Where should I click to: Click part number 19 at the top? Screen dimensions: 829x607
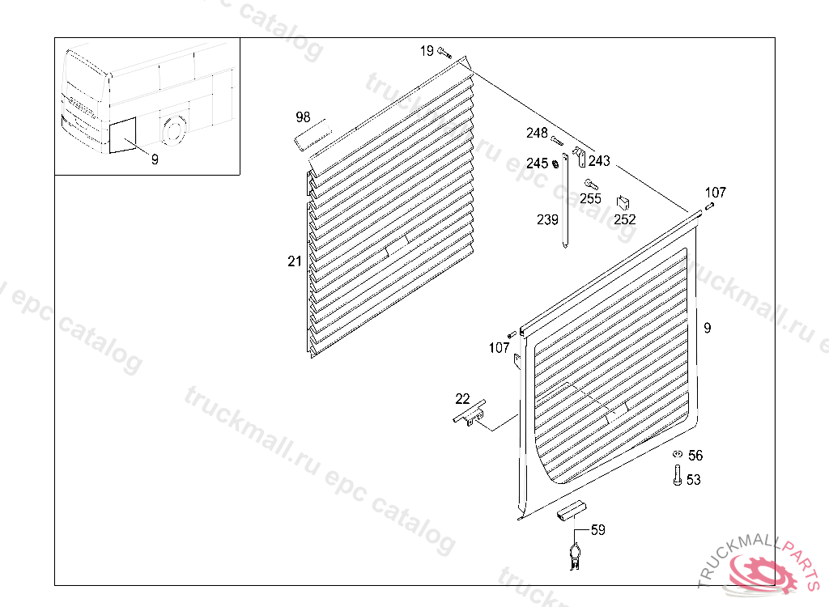(x=427, y=51)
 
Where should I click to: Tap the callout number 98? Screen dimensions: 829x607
(x=303, y=118)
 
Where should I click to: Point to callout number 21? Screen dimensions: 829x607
(x=294, y=261)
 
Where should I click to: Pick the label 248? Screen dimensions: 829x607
(x=537, y=133)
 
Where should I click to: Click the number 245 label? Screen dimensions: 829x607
(x=537, y=163)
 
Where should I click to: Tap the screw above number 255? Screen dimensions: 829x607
(x=590, y=183)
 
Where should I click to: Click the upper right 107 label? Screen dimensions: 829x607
(x=715, y=193)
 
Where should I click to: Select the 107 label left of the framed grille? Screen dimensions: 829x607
(x=500, y=348)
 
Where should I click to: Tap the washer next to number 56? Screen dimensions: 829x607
(x=678, y=455)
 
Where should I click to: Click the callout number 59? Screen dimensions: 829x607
(x=597, y=530)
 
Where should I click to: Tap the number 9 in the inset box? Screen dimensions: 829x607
(x=154, y=159)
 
